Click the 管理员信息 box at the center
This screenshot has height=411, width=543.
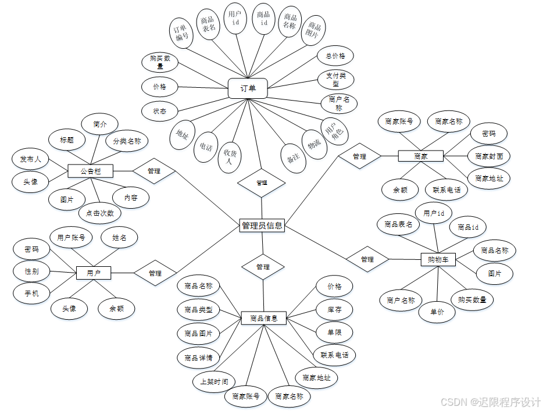click(262, 226)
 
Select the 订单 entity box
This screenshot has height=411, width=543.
click(248, 89)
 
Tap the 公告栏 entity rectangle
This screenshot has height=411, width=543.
click(90, 171)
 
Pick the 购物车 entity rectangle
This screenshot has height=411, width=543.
click(438, 259)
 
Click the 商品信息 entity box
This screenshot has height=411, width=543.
click(264, 318)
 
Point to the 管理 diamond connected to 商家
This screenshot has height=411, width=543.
click(359, 156)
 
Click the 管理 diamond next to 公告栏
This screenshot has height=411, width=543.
click(154, 171)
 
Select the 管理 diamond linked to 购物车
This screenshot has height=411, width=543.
click(367, 259)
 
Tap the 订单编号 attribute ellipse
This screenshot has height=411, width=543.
click(181, 32)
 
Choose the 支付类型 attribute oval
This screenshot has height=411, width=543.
click(335, 80)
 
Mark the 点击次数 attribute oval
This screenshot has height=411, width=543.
click(100, 213)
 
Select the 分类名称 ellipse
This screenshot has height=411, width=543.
click(127, 141)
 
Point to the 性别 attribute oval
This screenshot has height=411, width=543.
click(32, 271)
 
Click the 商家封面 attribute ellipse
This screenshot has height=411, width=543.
click(489, 156)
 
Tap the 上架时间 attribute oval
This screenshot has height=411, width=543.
click(214, 381)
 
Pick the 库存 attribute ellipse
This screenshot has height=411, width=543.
click(334, 310)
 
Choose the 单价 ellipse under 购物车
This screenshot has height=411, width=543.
click(437, 312)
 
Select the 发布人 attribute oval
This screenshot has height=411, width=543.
click(31, 159)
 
